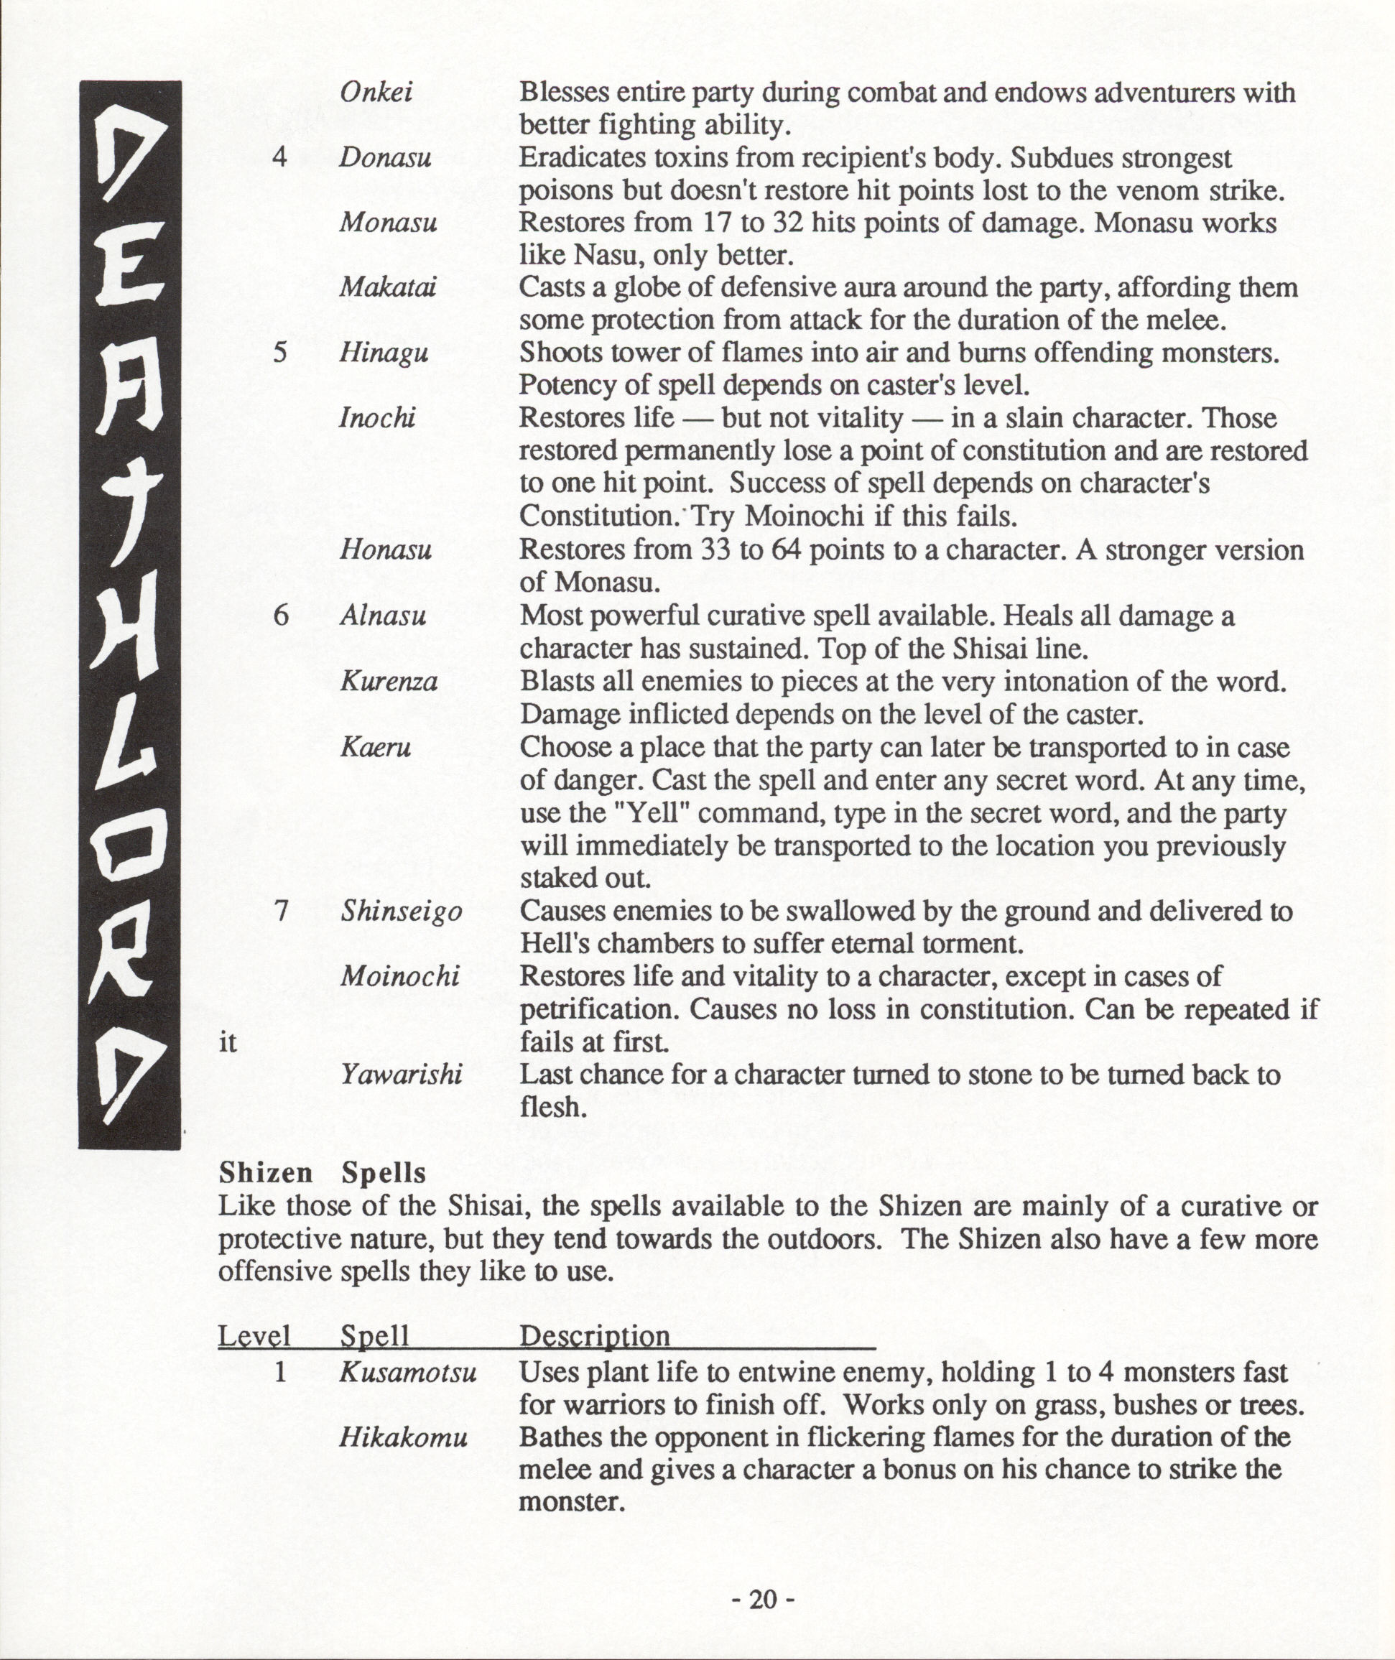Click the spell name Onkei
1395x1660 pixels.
[x=376, y=93]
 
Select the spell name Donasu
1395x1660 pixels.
[x=385, y=158]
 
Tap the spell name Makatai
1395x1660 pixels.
[x=387, y=288]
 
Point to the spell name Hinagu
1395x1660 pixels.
[x=384, y=353]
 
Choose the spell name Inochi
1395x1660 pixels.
[x=377, y=417]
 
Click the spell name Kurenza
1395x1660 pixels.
[x=389, y=682]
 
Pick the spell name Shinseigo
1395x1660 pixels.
[x=401, y=912]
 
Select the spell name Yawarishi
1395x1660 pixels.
[x=401, y=1075]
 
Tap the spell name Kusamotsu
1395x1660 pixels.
[x=408, y=1372]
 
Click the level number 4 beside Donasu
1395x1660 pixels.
[x=280, y=158]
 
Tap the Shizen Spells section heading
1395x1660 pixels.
[x=323, y=1173]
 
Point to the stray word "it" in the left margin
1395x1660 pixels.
[x=228, y=1043]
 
